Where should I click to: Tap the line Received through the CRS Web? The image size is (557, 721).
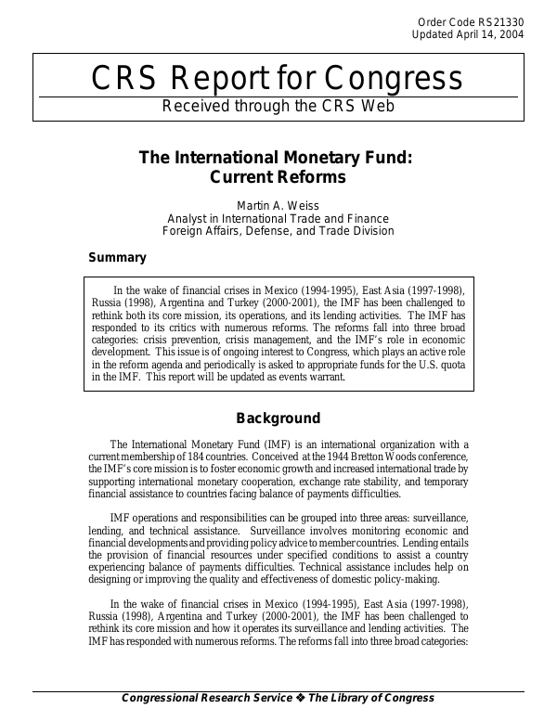(x=278, y=106)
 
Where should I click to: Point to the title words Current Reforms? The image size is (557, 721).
(x=275, y=176)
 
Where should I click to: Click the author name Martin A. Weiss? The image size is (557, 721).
(x=276, y=204)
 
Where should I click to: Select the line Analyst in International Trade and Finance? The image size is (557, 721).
(x=276, y=218)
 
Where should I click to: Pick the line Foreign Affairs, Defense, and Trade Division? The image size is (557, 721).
(x=276, y=231)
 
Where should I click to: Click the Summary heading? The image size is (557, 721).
(x=117, y=257)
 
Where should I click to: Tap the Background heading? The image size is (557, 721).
(x=278, y=418)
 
